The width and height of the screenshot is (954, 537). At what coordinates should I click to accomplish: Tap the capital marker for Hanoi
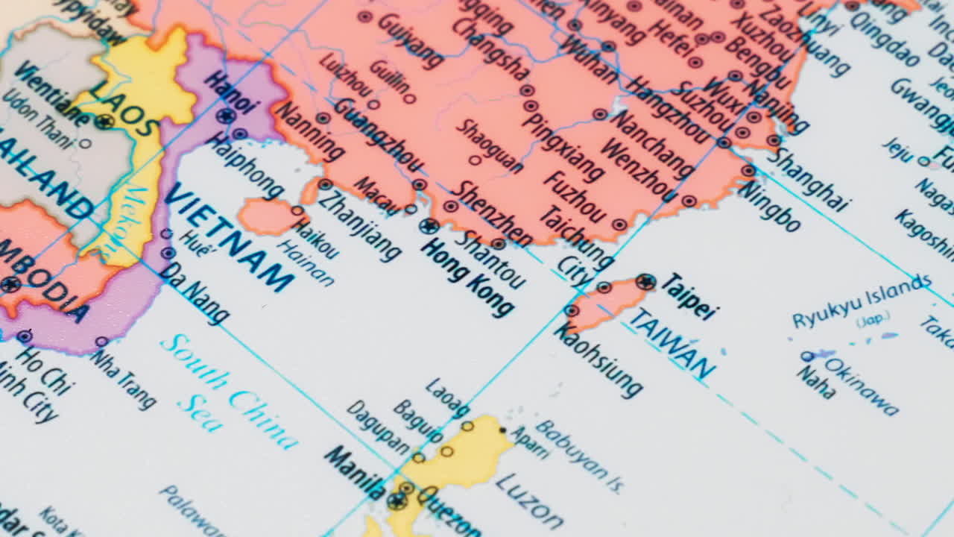tap(225, 116)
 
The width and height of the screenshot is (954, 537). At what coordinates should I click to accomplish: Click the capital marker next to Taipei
tap(645, 282)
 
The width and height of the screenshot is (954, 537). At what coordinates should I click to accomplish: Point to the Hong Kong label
tap(467, 278)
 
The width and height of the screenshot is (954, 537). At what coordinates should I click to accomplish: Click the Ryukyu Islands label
tap(862, 301)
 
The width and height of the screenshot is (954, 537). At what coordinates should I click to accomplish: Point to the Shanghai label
tap(809, 179)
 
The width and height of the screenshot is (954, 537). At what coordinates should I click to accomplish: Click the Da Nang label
tap(194, 294)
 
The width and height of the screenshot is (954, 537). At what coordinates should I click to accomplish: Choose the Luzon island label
tap(529, 500)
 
